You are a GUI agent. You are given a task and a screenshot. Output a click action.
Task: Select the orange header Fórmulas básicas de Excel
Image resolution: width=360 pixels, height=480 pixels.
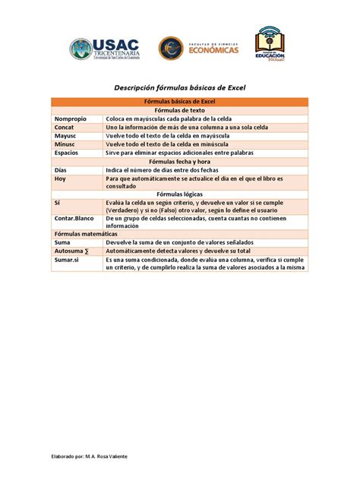[x=180, y=102]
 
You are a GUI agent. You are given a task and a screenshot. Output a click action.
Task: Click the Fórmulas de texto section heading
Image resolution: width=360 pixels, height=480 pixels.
[x=180, y=110]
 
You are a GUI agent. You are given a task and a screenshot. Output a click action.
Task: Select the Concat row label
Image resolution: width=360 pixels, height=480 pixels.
[x=65, y=128]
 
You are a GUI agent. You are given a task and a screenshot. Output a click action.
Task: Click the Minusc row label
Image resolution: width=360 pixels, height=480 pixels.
[x=65, y=144]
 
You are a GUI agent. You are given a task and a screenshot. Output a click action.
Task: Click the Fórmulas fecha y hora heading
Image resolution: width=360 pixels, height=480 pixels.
[x=180, y=162]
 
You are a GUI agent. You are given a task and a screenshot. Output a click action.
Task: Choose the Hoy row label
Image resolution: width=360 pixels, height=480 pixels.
[x=61, y=178]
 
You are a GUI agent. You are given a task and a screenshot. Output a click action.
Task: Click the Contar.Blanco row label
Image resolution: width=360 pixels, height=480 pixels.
[x=74, y=217]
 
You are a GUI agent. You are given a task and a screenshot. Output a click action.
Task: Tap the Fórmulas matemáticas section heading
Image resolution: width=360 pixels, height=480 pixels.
[x=81, y=234]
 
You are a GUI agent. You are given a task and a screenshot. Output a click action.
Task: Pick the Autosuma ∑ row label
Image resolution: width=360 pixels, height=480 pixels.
[x=71, y=251]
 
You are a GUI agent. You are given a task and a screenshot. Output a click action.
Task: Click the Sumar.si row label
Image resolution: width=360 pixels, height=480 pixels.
[x=68, y=260]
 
